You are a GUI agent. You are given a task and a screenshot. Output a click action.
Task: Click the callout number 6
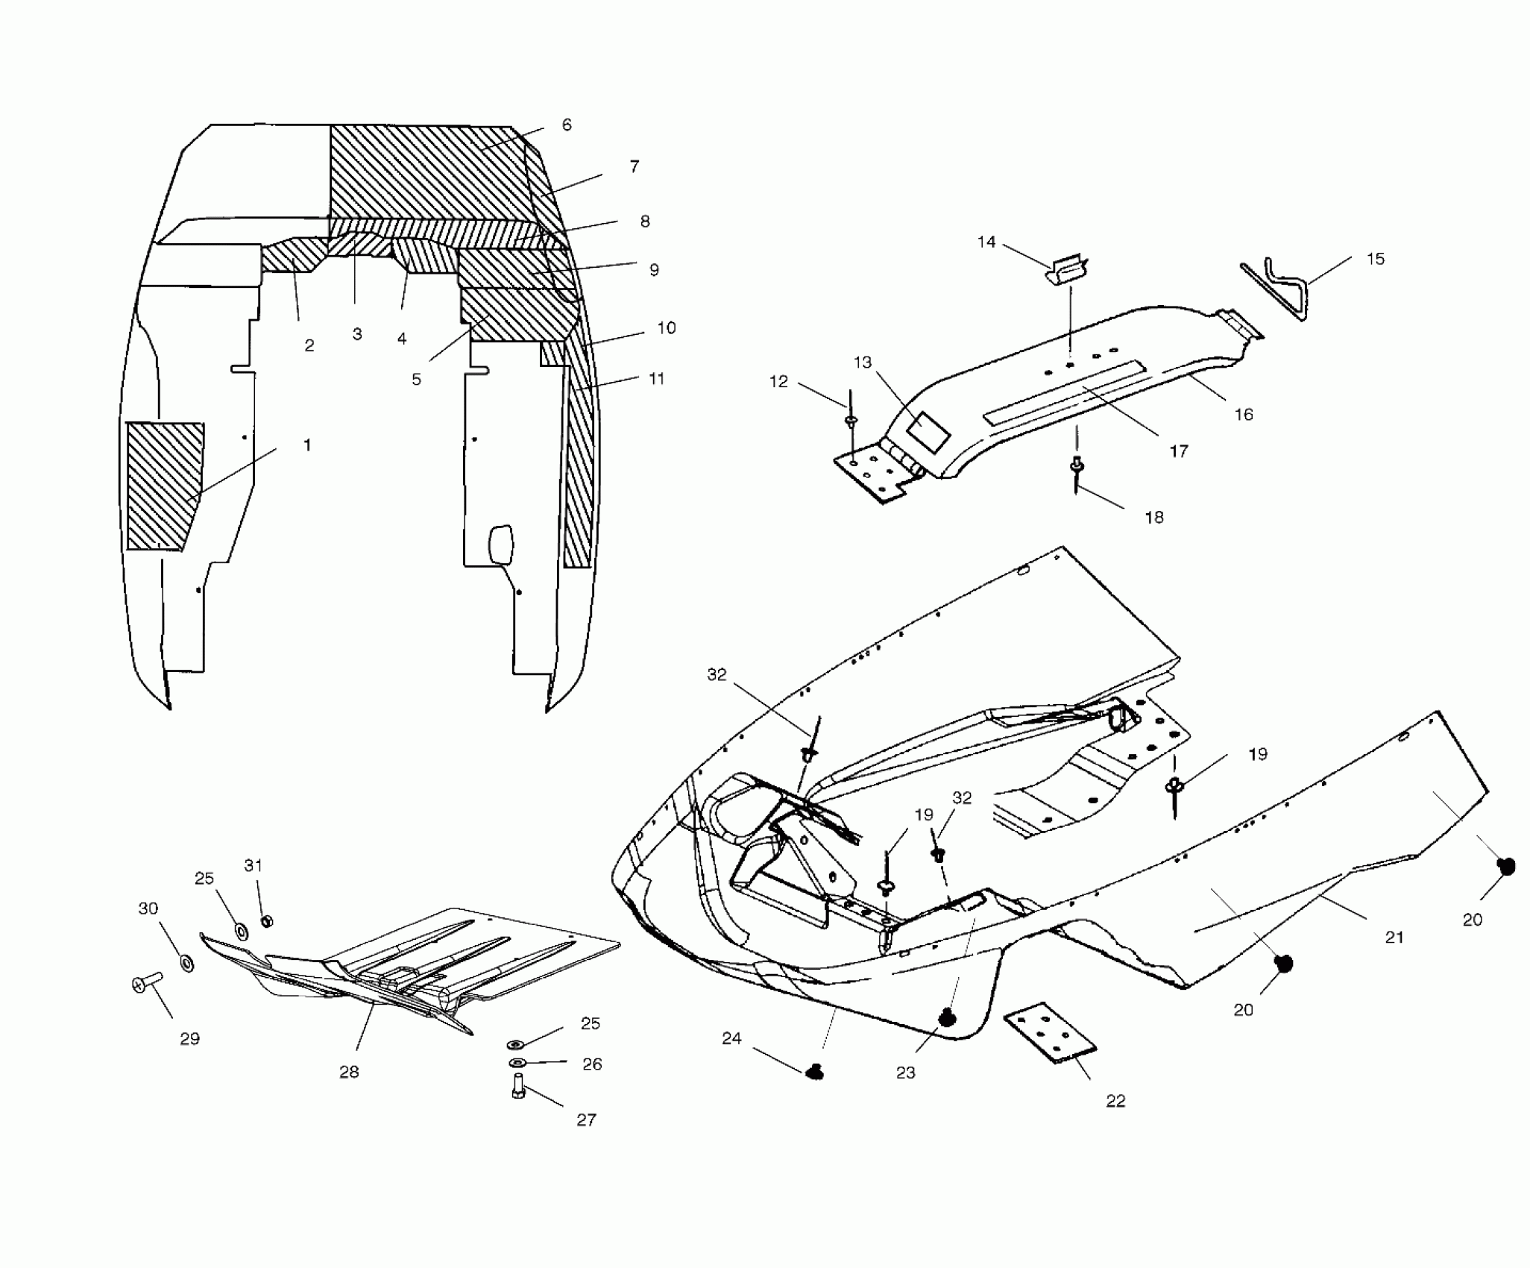567,125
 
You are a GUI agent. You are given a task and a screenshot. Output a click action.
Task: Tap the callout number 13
863,362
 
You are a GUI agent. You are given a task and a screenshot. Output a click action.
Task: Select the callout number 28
349,1072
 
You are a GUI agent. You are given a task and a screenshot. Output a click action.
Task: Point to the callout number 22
1115,1101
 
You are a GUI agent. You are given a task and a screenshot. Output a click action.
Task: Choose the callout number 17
1179,451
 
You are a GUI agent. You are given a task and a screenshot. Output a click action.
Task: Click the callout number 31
254,865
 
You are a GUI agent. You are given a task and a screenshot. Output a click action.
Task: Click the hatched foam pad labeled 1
163,485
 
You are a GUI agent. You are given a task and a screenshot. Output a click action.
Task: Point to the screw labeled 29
148,983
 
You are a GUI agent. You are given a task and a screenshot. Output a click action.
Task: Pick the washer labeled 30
187,962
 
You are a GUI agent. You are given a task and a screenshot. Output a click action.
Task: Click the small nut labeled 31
267,922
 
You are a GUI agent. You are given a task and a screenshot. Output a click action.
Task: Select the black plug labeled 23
948,1017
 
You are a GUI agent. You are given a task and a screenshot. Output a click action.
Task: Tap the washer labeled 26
517,1062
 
